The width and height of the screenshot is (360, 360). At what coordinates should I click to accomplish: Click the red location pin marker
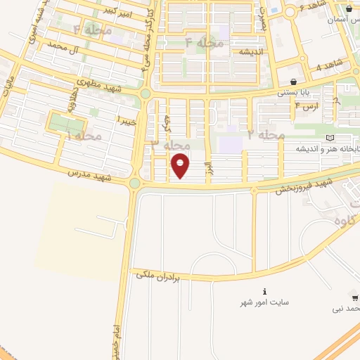coord(181,165)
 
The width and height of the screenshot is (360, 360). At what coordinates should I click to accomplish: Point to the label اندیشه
coord(250,53)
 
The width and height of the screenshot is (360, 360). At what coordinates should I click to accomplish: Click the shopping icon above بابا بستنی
coord(292,82)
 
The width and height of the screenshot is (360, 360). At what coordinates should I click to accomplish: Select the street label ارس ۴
coord(306,106)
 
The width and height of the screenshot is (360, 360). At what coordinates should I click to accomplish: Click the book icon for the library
coord(330,137)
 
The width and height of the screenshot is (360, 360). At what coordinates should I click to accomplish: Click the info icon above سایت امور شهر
coord(264,291)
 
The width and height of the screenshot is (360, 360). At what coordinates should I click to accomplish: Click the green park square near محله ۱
coord(65,125)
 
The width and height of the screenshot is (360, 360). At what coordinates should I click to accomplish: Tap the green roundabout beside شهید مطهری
coord(146,94)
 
